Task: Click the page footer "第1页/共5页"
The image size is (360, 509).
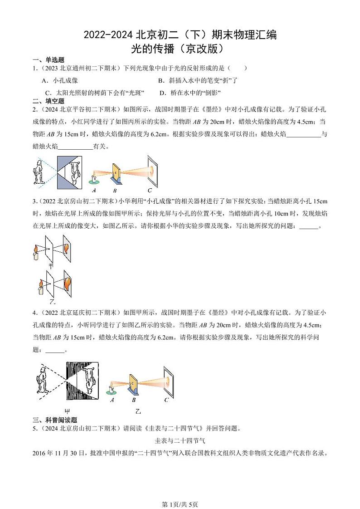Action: point(180,491)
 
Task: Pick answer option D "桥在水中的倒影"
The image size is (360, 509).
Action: point(190,93)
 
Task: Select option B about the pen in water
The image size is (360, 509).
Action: point(198,80)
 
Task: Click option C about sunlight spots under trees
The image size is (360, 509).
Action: point(95,93)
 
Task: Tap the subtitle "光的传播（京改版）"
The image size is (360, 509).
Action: point(180,48)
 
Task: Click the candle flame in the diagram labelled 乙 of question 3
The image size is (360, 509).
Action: point(40,284)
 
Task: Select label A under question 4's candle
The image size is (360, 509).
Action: point(112,400)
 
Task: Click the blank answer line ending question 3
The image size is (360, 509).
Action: point(309,227)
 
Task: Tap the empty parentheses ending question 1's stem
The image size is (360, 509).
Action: point(238,68)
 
